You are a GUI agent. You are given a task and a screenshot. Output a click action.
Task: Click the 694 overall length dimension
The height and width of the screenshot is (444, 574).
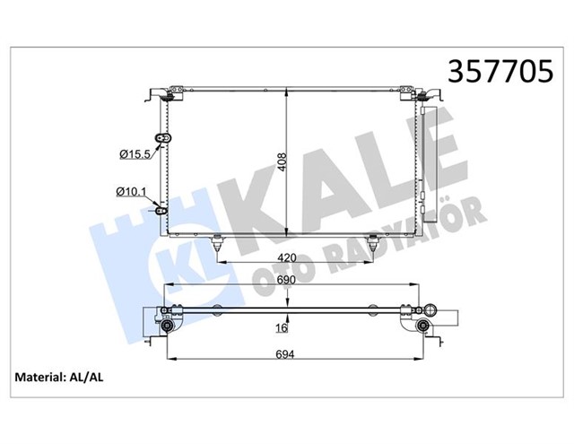[285, 354]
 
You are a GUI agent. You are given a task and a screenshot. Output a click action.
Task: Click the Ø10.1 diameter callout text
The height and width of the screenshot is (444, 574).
[132, 190]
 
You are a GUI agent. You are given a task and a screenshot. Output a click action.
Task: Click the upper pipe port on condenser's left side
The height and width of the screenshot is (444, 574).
[163, 138]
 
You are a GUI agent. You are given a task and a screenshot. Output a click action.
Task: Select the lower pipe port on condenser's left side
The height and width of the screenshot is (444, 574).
[162, 212]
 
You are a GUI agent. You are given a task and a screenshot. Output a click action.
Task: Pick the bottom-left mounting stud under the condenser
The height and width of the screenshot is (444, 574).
[216, 241]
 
